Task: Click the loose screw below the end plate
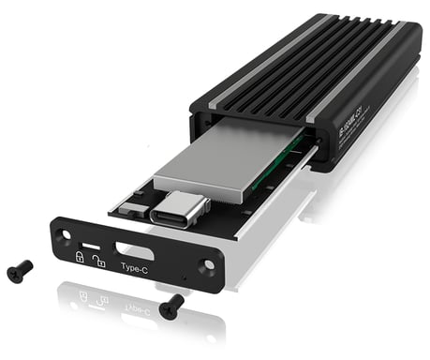(171, 305)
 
